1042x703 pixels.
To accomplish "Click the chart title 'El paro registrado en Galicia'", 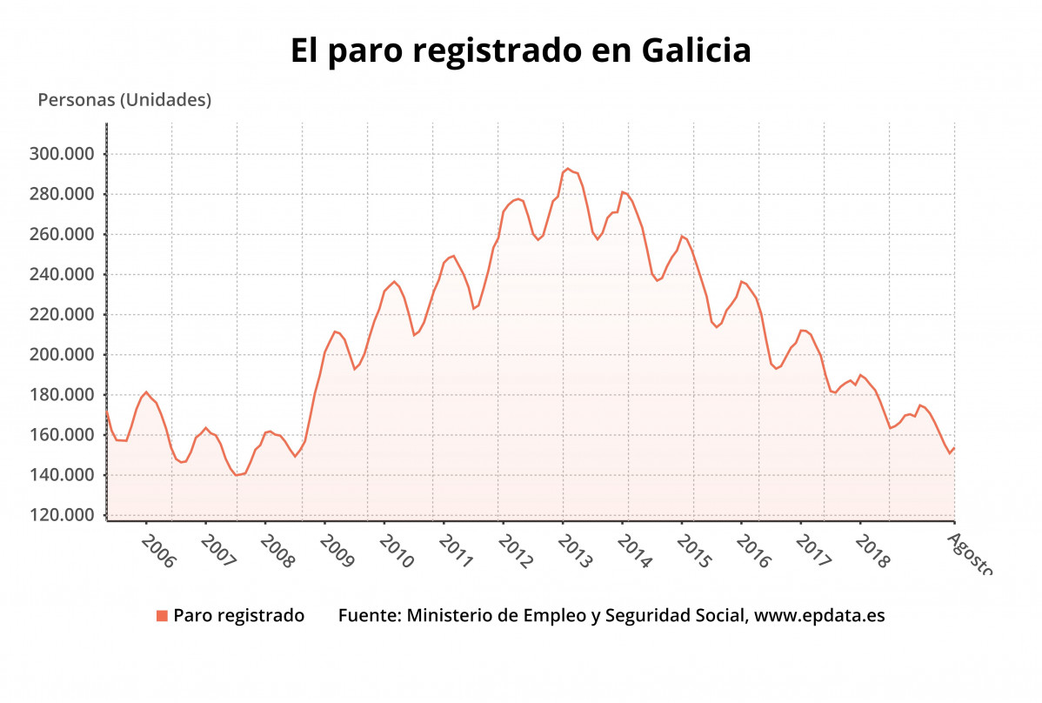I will [520, 50].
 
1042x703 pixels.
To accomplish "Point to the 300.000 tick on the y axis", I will [62, 154].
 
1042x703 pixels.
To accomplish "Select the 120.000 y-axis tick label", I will [62, 515].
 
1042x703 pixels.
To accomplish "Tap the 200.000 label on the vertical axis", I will [62, 355].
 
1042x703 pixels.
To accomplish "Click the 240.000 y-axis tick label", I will [62, 275].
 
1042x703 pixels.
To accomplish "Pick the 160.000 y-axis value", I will [62, 435].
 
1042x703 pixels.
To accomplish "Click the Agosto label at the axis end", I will [969, 553].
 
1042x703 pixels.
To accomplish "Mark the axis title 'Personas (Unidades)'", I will [124, 100].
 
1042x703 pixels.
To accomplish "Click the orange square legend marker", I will [162, 616].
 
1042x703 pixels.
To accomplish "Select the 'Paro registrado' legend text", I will [238, 616].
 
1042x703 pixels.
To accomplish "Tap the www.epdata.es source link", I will [819, 616].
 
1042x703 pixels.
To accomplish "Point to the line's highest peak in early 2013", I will [568, 169].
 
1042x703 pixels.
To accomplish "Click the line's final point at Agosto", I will [954, 448].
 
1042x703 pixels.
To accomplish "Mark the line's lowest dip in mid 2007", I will [237, 474].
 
